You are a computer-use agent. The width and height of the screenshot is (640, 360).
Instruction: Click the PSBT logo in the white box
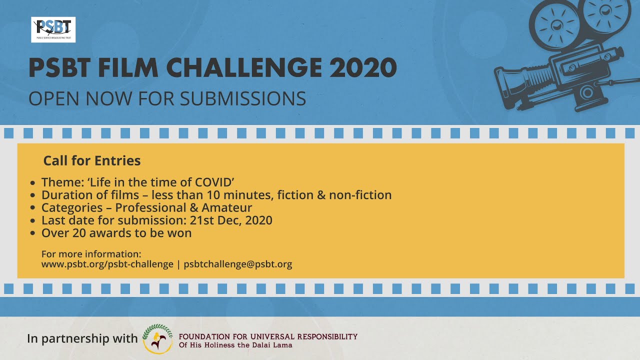[x=53, y=29]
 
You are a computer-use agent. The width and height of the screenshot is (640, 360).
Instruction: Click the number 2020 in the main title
[x=363, y=67]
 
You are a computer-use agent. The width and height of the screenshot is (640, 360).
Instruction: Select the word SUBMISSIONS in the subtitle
[x=243, y=98]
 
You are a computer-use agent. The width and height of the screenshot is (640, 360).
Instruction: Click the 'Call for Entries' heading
[x=92, y=160]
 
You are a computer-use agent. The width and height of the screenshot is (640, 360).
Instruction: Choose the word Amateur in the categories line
[x=227, y=207]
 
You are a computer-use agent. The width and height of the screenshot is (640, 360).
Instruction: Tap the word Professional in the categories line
[x=150, y=207]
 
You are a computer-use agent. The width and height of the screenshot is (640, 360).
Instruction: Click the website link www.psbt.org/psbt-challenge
[x=107, y=264]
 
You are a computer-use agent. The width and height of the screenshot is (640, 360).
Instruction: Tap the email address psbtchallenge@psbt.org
[x=237, y=264]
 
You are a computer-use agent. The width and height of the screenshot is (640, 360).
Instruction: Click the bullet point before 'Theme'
[x=32, y=183]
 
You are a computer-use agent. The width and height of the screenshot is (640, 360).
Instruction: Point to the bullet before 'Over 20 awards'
[x=32, y=233]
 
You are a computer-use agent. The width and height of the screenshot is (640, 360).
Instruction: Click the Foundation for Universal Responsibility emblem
[x=157, y=339]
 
